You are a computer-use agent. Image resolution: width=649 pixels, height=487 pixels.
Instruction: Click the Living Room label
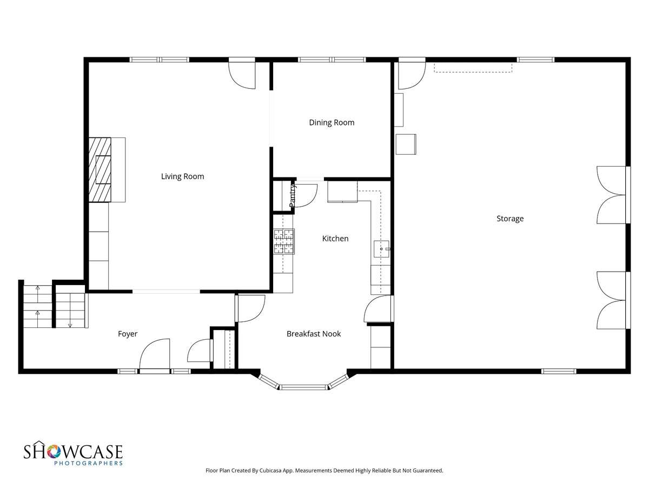pyautogui.click(x=182, y=176)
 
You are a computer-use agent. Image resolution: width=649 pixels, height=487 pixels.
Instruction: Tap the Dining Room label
pyautogui.click(x=332, y=123)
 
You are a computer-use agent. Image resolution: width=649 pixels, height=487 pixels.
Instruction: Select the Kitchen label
pyautogui.click(x=335, y=239)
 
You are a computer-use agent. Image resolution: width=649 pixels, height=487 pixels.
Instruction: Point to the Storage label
pyautogui.click(x=510, y=219)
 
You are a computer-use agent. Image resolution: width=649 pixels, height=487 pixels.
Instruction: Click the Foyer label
pyautogui.click(x=128, y=334)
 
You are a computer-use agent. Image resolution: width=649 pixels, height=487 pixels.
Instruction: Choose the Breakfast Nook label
pyautogui.click(x=313, y=334)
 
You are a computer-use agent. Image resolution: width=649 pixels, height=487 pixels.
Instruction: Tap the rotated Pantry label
pyautogui.click(x=292, y=196)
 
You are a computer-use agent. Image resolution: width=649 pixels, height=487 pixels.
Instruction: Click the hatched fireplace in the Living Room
pyautogui.click(x=100, y=170)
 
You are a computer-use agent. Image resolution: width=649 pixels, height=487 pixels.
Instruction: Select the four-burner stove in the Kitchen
pyautogui.click(x=284, y=242)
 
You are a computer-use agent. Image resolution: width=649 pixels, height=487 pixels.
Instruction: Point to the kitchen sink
pyautogui.click(x=382, y=249)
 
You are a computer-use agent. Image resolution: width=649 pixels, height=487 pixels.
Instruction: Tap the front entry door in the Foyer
pyautogui.click(x=155, y=354)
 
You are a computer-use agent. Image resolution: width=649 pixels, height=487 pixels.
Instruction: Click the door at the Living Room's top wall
pyautogui.click(x=242, y=74)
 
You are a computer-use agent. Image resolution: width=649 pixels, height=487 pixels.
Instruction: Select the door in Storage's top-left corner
pyautogui.click(x=412, y=74)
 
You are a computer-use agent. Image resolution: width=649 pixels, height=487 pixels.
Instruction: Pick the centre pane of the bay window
pyautogui.click(x=303, y=387)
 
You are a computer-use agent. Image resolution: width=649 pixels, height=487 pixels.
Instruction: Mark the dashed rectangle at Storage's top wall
pyautogui.click(x=473, y=68)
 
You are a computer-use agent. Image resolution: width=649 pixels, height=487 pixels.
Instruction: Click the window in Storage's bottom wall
pyautogui.click(x=559, y=371)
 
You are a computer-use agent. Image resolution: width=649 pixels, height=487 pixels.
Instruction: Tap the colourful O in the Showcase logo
pyautogui.click(x=54, y=451)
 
